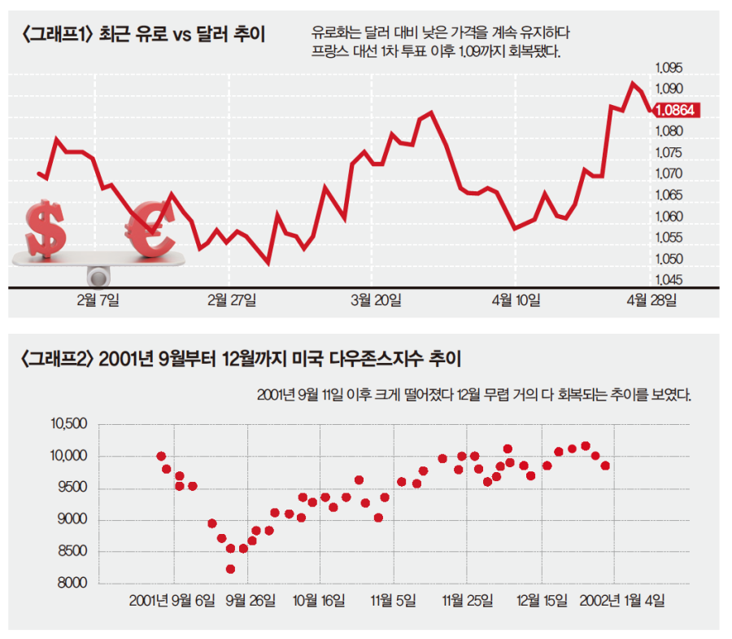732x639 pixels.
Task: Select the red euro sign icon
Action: pyautogui.click(x=153, y=230)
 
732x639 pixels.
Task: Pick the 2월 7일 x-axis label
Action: pyautogui.click(x=97, y=300)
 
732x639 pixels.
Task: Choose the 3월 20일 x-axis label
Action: pyautogui.click(x=376, y=300)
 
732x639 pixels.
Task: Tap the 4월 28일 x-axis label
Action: pyautogui.click(x=651, y=300)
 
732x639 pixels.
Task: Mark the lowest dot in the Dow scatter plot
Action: pyautogui.click(x=230, y=569)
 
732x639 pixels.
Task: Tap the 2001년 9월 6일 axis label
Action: pyautogui.click(x=172, y=602)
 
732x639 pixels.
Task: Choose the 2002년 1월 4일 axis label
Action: pyautogui.click(x=621, y=602)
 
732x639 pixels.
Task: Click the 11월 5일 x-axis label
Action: pyautogui.click(x=394, y=602)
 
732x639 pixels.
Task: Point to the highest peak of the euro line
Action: pyautogui.click(x=631, y=83)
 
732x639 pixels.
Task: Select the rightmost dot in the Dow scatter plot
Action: pyautogui.click(x=605, y=466)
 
